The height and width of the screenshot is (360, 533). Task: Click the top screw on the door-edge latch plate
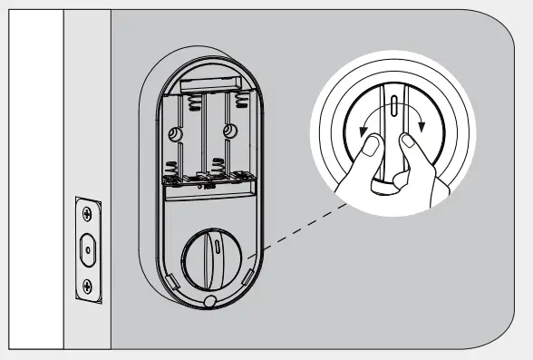(x=85, y=214)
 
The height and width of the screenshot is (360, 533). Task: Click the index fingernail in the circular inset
(x=409, y=140)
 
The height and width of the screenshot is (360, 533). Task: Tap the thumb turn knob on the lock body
(x=209, y=256)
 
